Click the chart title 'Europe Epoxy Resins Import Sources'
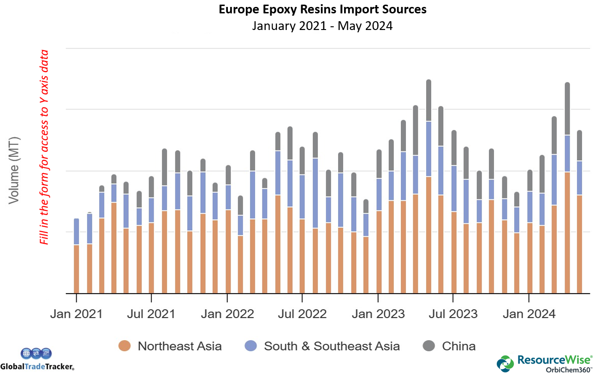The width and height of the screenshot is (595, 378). point(322,9)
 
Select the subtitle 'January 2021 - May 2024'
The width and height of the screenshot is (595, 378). point(322,25)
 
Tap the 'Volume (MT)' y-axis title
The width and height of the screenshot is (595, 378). point(14,170)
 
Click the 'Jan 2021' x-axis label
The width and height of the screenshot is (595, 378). point(76,314)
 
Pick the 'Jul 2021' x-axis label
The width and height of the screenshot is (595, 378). point(151,314)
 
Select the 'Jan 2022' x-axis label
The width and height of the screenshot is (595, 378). point(227,314)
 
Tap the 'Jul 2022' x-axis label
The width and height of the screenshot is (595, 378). point(303,314)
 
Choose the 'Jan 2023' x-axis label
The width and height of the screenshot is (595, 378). point(378,314)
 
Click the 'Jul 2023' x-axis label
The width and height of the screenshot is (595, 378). point(453,314)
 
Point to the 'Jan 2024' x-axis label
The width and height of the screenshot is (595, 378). point(529,314)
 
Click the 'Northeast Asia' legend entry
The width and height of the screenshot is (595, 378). point(170,346)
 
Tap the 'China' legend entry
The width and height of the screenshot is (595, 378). point(449,346)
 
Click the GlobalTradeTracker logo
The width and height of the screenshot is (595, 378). point(37,360)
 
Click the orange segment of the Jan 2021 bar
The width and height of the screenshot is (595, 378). point(77,269)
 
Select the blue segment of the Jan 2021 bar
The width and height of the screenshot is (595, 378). point(77,231)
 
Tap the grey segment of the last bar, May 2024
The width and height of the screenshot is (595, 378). point(580,145)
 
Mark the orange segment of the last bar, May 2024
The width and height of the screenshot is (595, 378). point(580,244)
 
